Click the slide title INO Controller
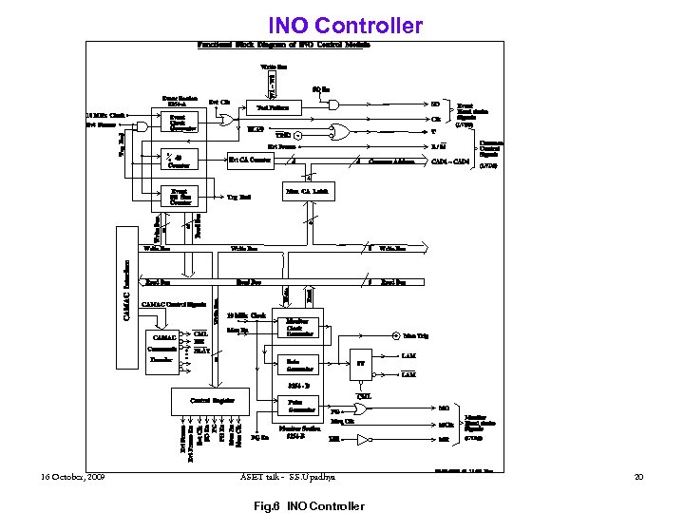344,25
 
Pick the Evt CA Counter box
251,160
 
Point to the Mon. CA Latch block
310,192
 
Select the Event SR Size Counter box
180,196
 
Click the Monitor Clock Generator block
302,328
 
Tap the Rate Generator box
302,365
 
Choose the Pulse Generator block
302,407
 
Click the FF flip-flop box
361,363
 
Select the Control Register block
212,401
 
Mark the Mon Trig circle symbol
396,335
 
